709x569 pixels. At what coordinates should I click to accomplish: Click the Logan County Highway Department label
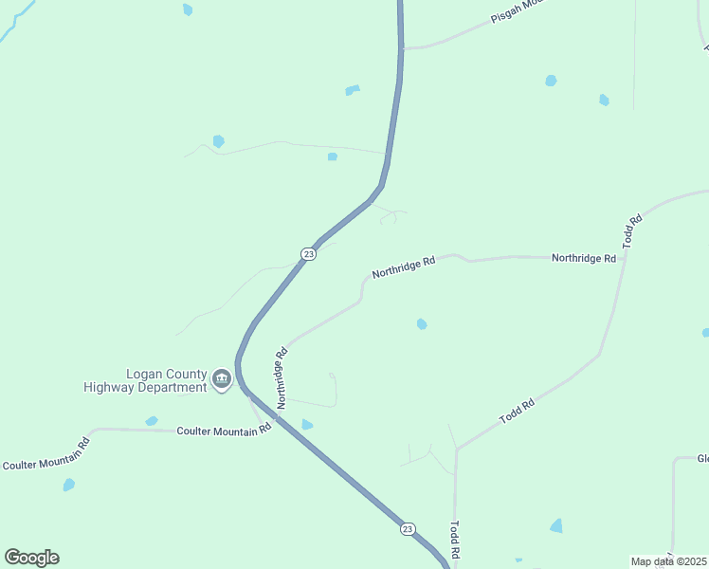(144, 380)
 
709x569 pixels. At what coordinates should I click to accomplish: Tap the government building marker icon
(222, 380)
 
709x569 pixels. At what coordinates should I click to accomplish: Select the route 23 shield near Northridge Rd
(308, 254)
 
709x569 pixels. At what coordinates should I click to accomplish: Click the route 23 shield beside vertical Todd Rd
(408, 528)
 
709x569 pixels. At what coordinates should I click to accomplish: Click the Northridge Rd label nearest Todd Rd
(584, 258)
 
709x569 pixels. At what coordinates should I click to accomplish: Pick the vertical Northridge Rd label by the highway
(282, 378)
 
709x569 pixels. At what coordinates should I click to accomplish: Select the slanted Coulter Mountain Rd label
(45, 454)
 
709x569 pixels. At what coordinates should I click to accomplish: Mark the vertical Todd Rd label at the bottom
(456, 538)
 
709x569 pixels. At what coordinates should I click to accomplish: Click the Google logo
(31, 558)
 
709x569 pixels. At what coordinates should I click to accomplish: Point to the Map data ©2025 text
(668, 561)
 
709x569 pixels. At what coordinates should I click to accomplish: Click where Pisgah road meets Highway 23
(403, 47)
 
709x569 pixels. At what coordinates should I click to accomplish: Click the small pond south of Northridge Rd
(422, 324)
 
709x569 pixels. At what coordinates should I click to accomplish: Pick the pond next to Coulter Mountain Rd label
(152, 420)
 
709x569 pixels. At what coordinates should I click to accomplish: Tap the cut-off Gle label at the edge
(702, 459)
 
